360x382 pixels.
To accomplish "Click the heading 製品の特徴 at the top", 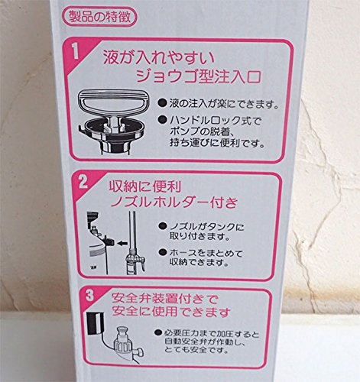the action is (99, 17).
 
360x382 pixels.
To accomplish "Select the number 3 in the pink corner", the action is (89, 296).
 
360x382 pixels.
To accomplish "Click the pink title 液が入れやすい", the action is (159, 58).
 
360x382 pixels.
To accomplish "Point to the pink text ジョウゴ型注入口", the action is (199, 76).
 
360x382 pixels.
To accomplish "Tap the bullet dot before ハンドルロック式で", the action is (162, 119).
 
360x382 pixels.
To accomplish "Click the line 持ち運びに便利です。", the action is (217, 143).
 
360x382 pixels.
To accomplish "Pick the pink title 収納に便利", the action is (144, 187).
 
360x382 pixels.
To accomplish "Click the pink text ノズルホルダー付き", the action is (174, 203).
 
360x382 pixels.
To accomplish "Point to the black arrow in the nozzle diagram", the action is (122, 244).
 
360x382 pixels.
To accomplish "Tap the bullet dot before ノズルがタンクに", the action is (162, 226).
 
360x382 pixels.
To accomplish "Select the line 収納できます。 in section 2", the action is (199, 262).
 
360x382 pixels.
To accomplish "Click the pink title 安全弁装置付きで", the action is (164, 299).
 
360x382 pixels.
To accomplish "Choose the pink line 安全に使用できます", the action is (171, 312).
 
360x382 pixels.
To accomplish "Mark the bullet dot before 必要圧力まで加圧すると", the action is (158, 332).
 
